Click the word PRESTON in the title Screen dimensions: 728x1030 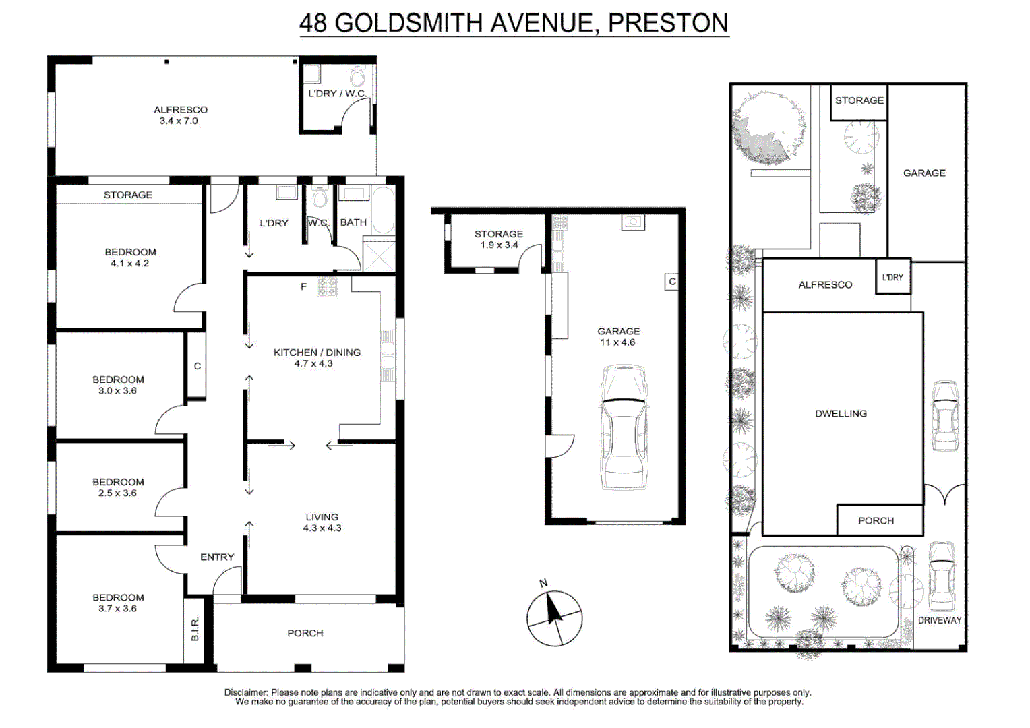tap(667, 23)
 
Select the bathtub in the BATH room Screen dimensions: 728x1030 tap(383, 210)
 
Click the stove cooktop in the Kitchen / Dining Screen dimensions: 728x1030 tap(328, 287)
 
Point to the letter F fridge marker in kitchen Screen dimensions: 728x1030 tap(303, 286)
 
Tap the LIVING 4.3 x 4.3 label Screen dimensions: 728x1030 tap(322, 522)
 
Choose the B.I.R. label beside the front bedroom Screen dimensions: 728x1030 tap(195, 629)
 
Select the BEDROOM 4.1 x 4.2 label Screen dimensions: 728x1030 tap(130, 257)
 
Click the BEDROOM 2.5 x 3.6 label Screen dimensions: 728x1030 tap(118, 487)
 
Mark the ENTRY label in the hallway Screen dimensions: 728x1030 tap(217, 557)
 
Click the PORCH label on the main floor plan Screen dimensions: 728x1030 tap(305, 633)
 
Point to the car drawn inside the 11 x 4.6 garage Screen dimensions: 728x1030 tap(624, 427)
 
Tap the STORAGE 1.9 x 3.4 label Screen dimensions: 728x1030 tap(498, 239)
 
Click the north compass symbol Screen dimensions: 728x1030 tap(554, 617)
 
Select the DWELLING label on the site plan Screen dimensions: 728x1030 tap(841, 413)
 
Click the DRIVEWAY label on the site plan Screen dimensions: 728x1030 tap(939, 620)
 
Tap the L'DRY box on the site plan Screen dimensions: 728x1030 tap(892, 277)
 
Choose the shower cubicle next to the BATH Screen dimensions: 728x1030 tap(379, 255)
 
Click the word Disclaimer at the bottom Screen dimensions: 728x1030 tap(246, 692)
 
